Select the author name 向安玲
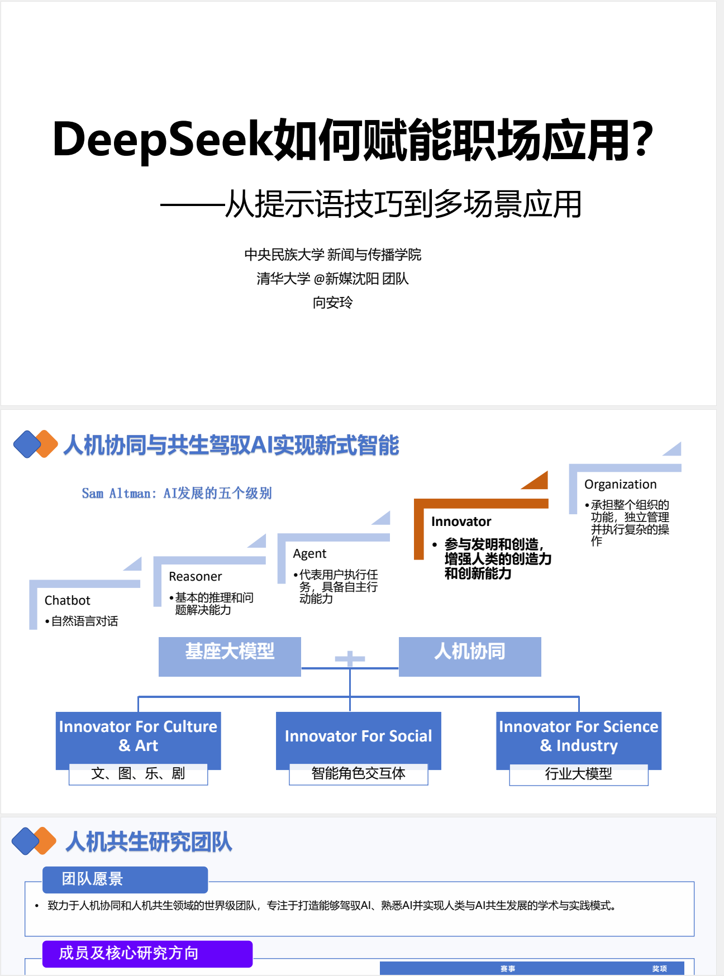(332, 303)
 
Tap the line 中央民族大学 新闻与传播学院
(332, 255)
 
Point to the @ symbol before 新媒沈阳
(319, 279)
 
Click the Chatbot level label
(67, 600)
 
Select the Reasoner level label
(195, 576)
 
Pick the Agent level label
(309, 553)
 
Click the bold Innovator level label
(461, 522)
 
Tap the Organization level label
(620, 484)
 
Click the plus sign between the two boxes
(350, 659)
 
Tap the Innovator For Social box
(358, 736)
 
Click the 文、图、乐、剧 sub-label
(138, 773)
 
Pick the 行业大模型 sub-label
(578, 773)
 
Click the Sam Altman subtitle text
(177, 493)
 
